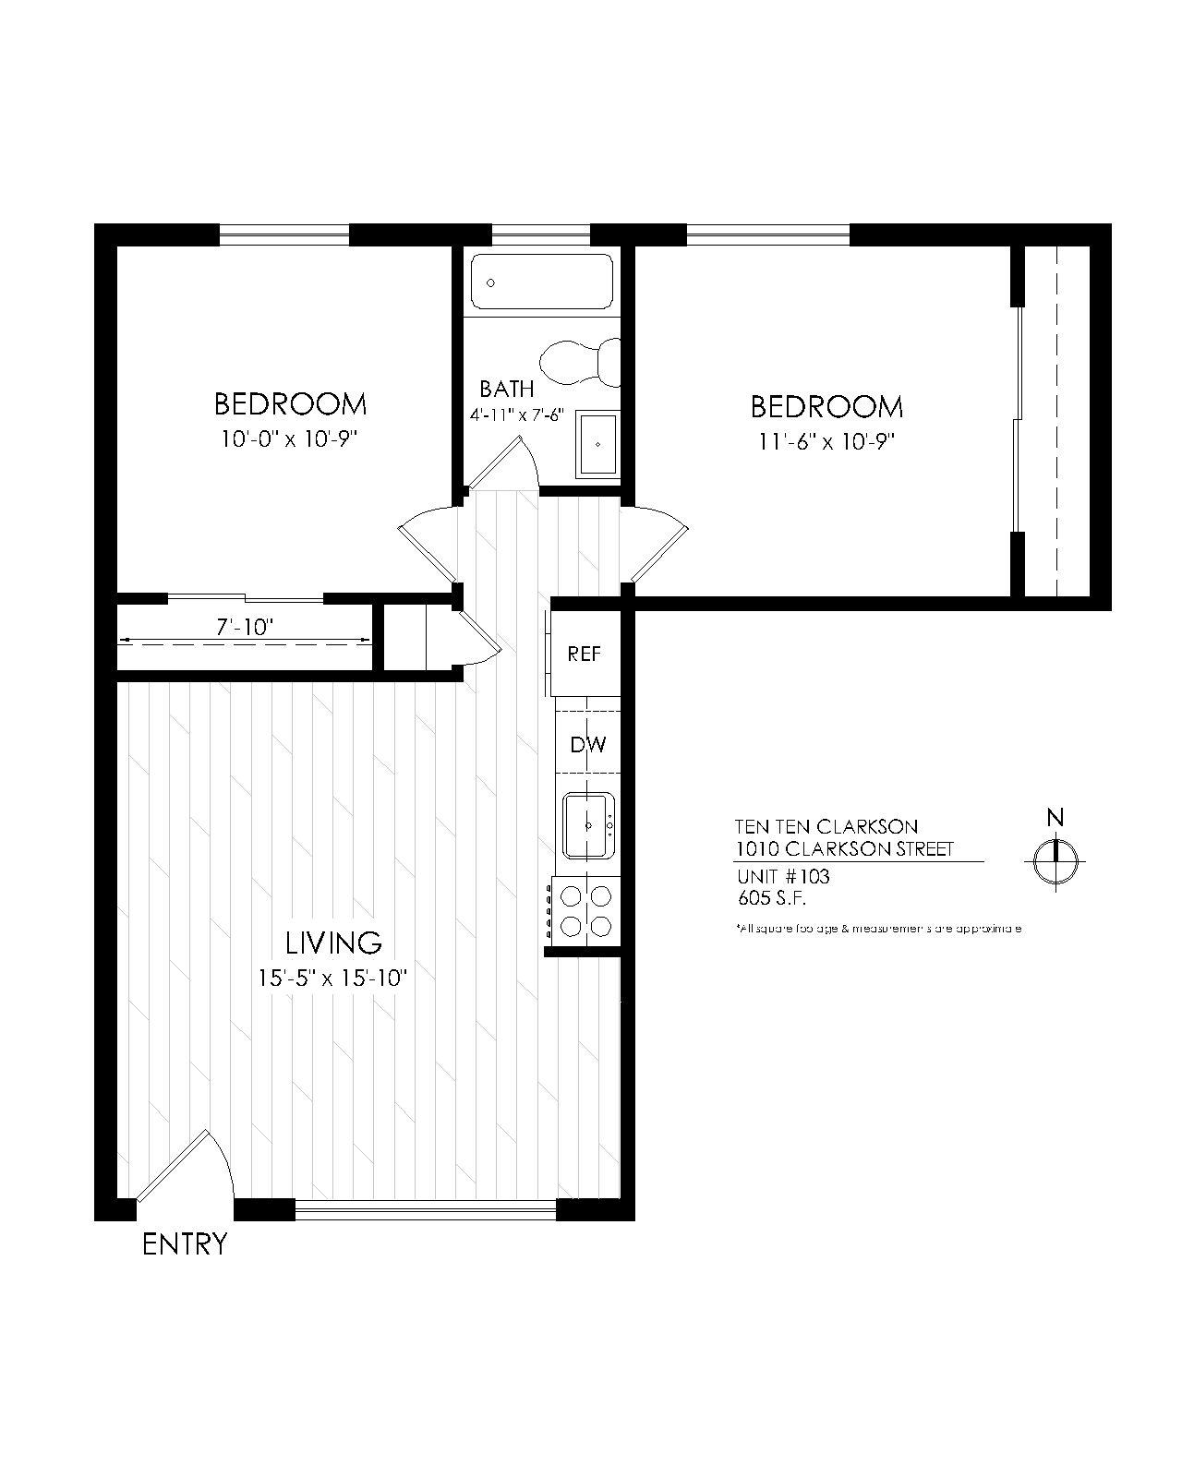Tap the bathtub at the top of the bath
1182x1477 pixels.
click(x=542, y=282)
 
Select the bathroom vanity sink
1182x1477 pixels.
click(x=597, y=444)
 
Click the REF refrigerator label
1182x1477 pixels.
click(x=584, y=654)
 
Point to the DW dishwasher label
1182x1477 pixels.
click(x=587, y=744)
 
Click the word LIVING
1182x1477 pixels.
click(x=333, y=943)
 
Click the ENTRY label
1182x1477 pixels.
click(x=185, y=1244)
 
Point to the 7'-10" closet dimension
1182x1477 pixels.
click(x=245, y=628)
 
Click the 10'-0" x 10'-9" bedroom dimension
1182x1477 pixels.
click(x=289, y=439)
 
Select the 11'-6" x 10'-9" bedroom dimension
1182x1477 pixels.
click(x=827, y=441)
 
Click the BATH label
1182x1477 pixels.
click(x=506, y=389)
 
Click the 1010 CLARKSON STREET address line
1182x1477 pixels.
click(x=844, y=849)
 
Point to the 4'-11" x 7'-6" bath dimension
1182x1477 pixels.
click(x=517, y=415)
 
